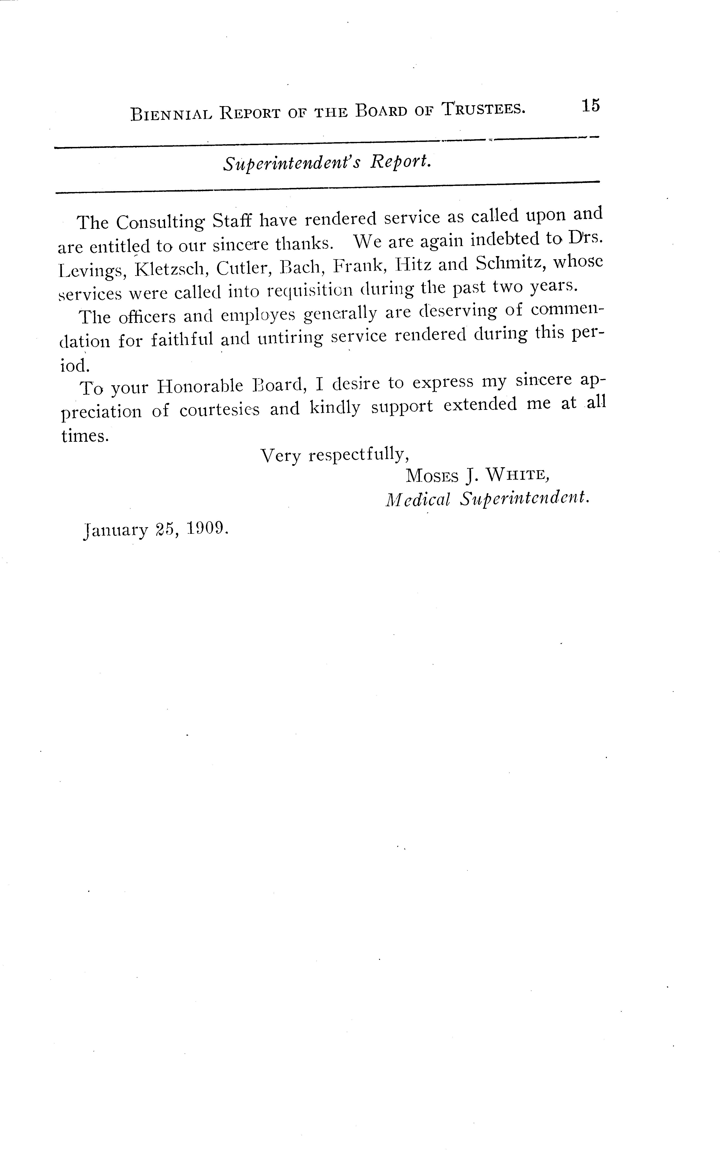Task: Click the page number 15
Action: [591, 105]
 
